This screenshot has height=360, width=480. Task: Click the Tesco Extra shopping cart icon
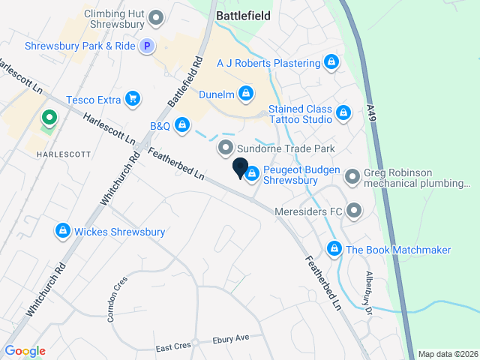click(133, 98)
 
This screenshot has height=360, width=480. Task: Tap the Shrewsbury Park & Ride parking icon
click(148, 46)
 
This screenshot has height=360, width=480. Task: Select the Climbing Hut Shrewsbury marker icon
click(156, 16)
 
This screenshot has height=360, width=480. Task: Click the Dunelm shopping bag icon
click(244, 94)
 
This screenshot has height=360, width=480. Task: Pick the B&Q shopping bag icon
click(181, 124)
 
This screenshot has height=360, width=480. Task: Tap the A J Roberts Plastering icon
click(331, 62)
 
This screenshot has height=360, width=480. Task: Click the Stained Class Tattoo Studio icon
click(343, 113)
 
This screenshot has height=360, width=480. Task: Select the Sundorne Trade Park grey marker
click(224, 148)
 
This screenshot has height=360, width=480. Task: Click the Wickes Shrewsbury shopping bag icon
click(64, 231)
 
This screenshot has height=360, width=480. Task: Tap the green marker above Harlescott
click(49, 118)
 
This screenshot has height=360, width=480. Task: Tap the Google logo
click(25, 351)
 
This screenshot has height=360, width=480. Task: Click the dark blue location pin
click(240, 168)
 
